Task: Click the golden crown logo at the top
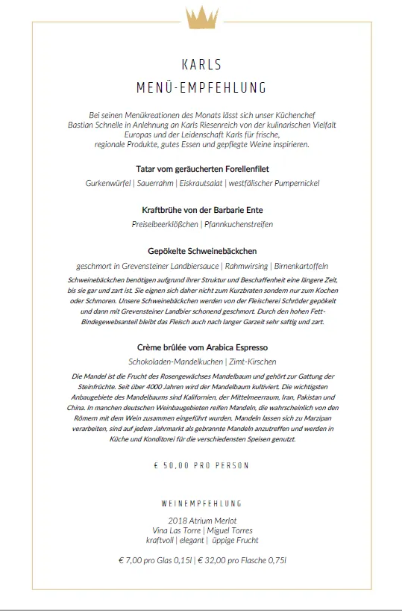tap(201, 16)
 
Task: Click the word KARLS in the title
tap(201, 64)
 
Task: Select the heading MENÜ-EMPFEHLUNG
tap(201, 88)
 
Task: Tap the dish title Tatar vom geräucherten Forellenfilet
tap(201, 169)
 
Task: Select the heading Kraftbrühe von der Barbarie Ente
tap(201, 211)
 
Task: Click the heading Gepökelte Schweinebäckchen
tap(201, 251)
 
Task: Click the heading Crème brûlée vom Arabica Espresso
tap(201, 347)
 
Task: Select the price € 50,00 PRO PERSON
tap(201, 465)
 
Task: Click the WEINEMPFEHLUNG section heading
tap(201, 504)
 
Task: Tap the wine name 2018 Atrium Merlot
tap(201, 520)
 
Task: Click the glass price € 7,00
tap(133, 559)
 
